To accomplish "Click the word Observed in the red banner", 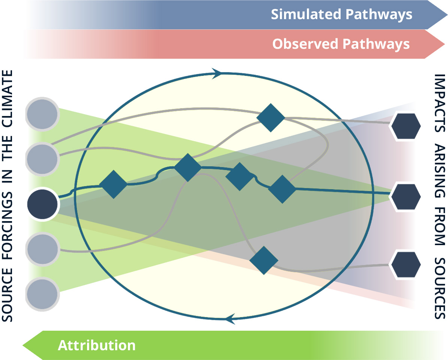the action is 305,44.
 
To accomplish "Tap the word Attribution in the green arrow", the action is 96,345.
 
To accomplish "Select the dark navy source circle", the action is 42,204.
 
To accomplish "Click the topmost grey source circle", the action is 42,114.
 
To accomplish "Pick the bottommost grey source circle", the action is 42,294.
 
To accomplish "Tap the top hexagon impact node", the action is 406,126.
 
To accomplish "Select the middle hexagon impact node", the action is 406,197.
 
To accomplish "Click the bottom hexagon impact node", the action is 406,265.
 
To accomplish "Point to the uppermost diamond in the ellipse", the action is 271,117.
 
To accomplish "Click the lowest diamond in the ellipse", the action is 264,261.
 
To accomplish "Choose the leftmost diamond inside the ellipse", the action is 113,184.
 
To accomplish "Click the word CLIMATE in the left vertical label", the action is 7,99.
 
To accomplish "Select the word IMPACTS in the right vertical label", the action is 440,103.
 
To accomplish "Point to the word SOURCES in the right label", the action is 440,288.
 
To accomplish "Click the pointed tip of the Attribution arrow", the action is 23,345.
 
